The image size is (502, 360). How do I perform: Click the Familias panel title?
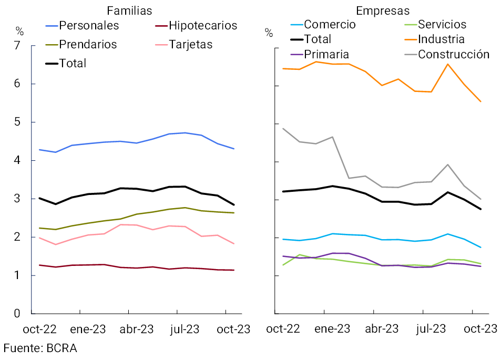tap(129, 11)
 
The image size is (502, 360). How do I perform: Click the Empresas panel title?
tap(383, 11)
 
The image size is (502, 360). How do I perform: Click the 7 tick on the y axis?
tap(17, 46)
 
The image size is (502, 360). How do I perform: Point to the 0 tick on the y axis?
tap(17, 314)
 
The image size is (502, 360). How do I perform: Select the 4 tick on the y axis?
tap(17, 161)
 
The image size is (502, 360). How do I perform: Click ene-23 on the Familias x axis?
tap(88, 330)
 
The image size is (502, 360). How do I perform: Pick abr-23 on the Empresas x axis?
tap(382, 330)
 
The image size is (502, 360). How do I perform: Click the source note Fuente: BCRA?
tap(40, 348)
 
